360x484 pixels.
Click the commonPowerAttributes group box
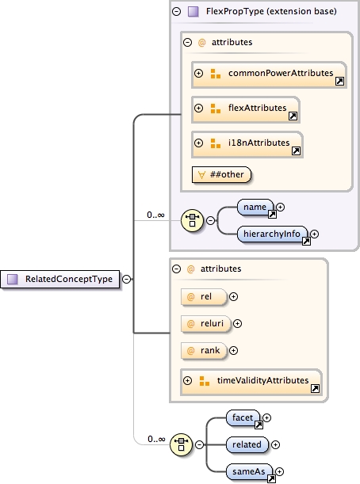click(x=269, y=74)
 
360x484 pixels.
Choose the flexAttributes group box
click(x=246, y=109)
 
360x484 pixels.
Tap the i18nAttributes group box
click(x=247, y=143)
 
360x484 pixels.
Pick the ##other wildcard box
click(x=220, y=173)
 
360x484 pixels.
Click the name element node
click(x=255, y=208)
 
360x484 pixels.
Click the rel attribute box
click(x=204, y=297)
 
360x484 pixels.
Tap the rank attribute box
click(x=205, y=349)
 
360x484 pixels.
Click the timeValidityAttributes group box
click(x=251, y=381)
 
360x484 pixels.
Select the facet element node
click(x=243, y=417)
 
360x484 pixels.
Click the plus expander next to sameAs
click(x=279, y=471)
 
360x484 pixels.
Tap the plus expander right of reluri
click(x=237, y=323)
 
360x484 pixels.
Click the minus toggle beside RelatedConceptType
click(x=127, y=279)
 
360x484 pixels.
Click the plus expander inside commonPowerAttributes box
click(x=199, y=74)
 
